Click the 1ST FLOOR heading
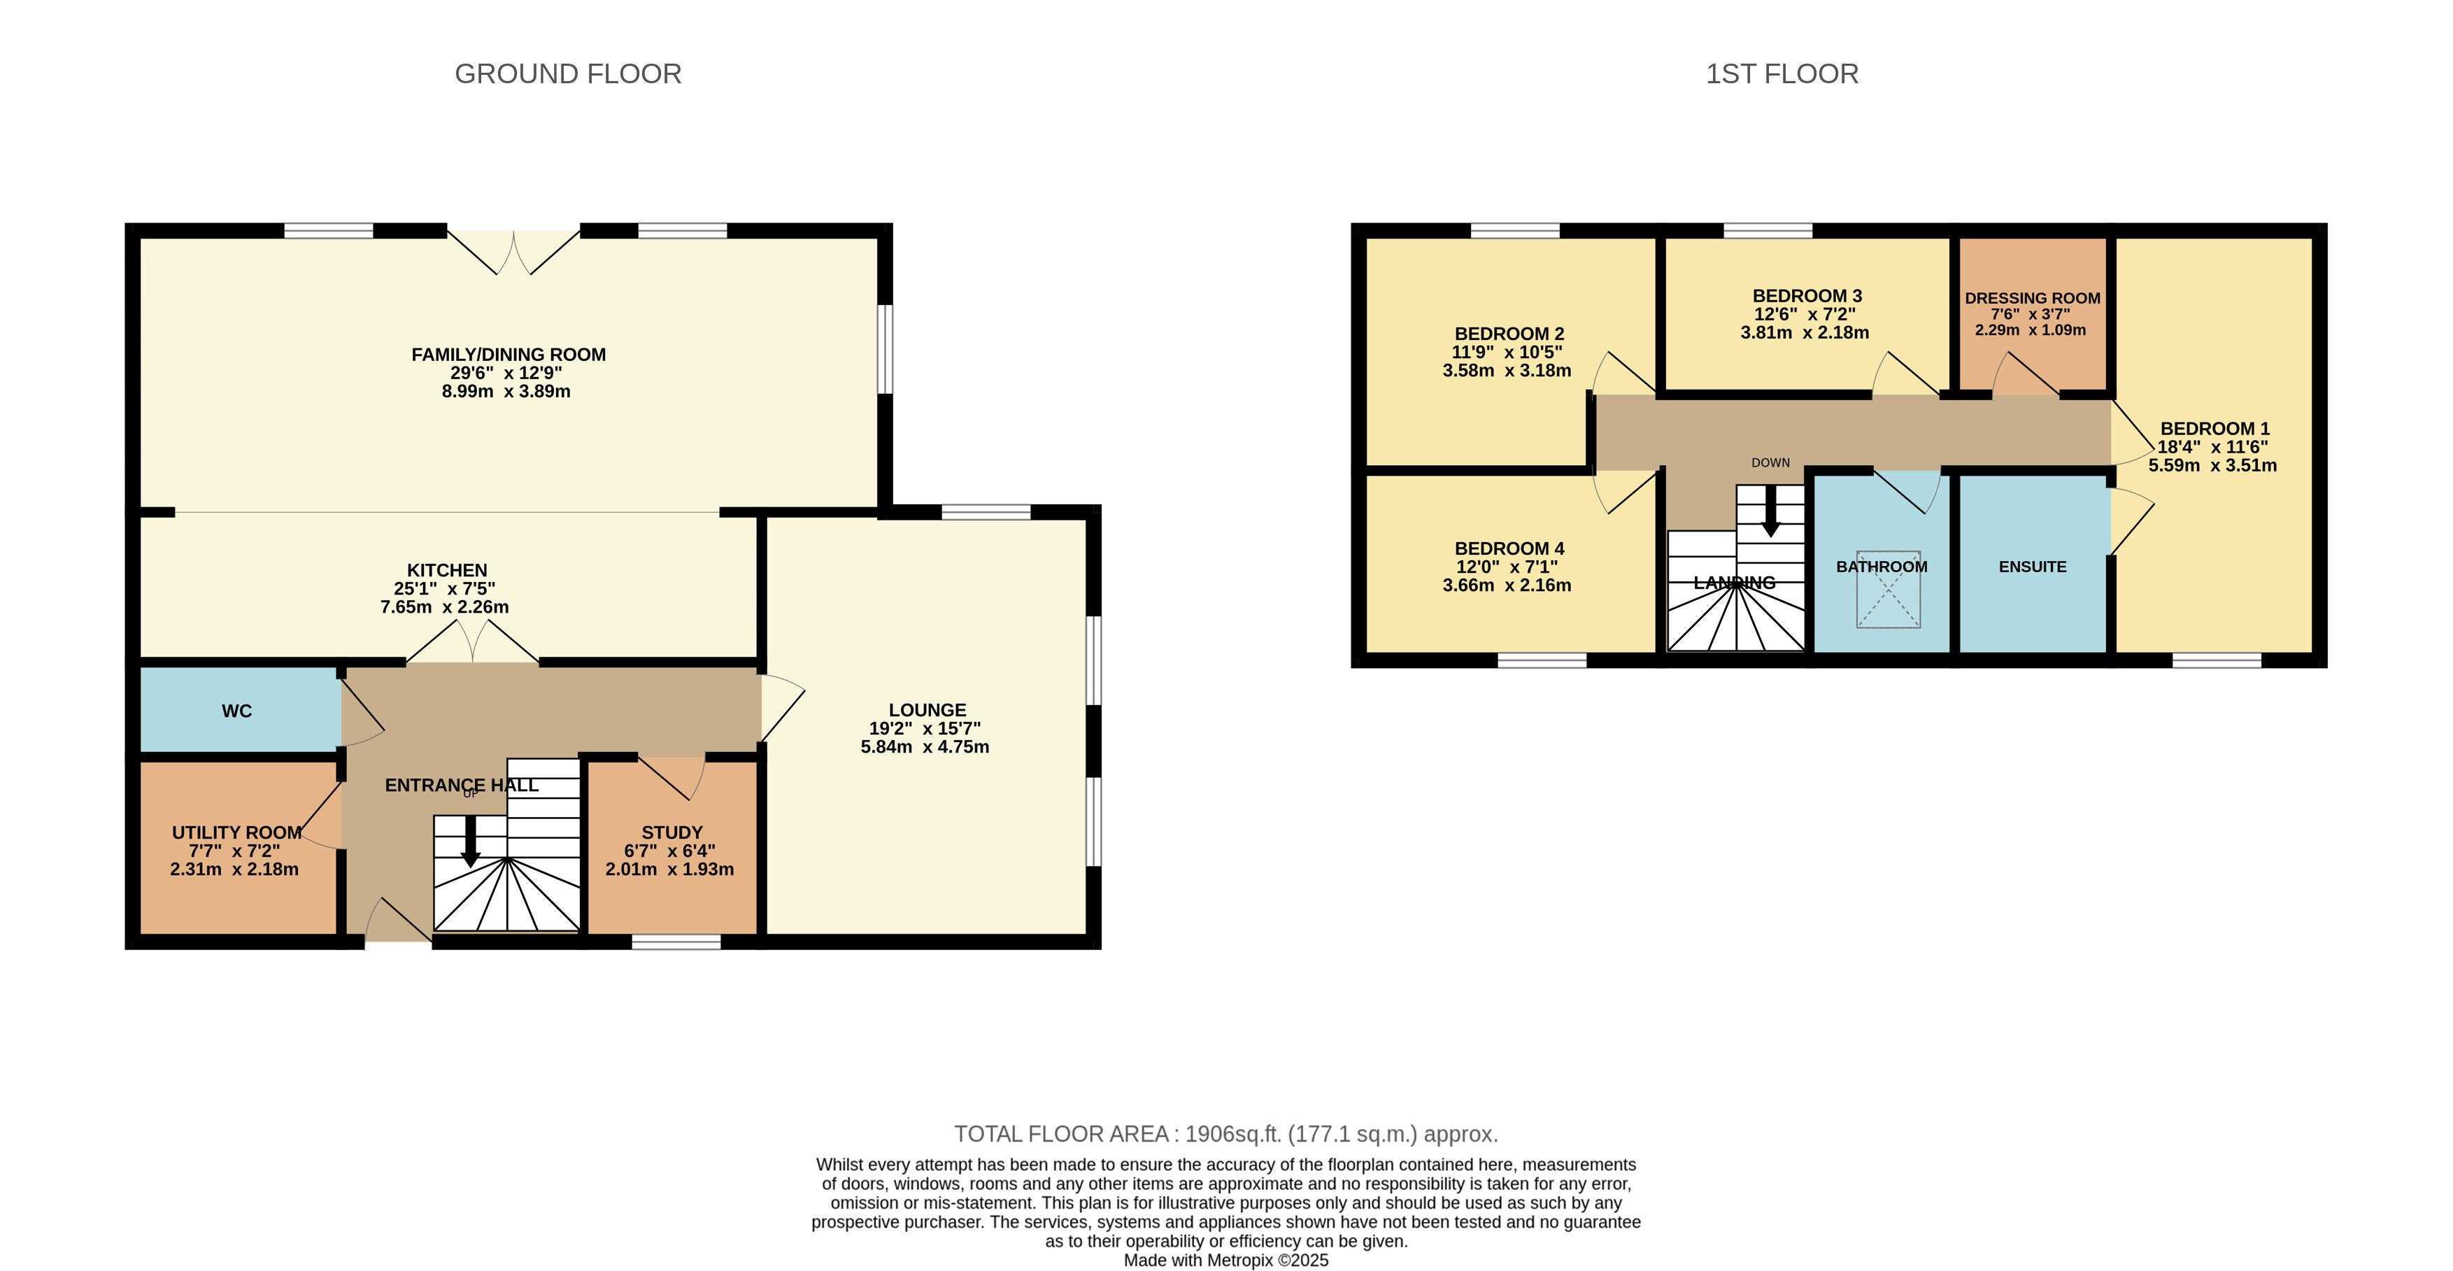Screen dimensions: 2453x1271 [x=1782, y=74]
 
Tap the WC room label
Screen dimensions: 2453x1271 [x=237, y=711]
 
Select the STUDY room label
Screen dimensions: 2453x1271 [x=671, y=832]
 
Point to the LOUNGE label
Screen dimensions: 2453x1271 [x=927, y=710]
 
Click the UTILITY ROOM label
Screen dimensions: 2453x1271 [x=237, y=832]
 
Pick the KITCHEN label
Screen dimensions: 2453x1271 [x=447, y=570]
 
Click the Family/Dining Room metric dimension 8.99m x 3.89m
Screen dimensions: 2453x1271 [x=506, y=391]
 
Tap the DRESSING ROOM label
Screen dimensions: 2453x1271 [x=2032, y=298]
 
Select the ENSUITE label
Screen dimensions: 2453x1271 [x=2032, y=567]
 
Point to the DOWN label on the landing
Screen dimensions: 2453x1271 [x=1770, y=462]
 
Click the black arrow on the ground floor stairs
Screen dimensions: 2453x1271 [x=471, y=841]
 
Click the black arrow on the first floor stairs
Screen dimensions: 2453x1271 [x=1770, y=512]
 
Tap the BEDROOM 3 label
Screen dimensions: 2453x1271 [x=1807, y=296]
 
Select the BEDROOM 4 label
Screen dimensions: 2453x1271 [x=1509, y=548]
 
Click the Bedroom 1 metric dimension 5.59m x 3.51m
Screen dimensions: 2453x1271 [x=2212, y=466]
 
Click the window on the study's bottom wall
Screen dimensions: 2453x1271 [x=676, y=942]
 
